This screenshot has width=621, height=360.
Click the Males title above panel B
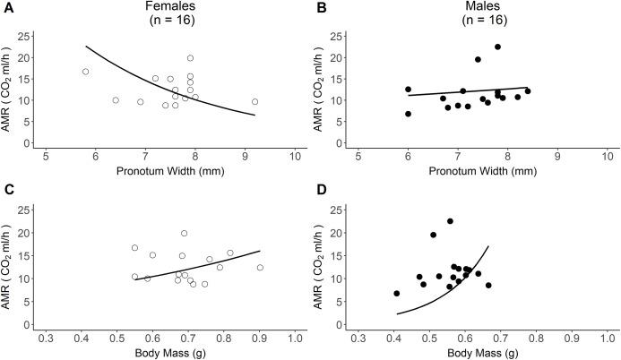click(485, 7)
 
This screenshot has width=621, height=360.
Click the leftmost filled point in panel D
click(396, 293)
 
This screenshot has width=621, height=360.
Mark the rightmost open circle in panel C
click(260, 268)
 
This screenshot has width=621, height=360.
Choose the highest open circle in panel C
click(184, 234)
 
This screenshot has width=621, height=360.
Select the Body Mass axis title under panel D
click(485, 353)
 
